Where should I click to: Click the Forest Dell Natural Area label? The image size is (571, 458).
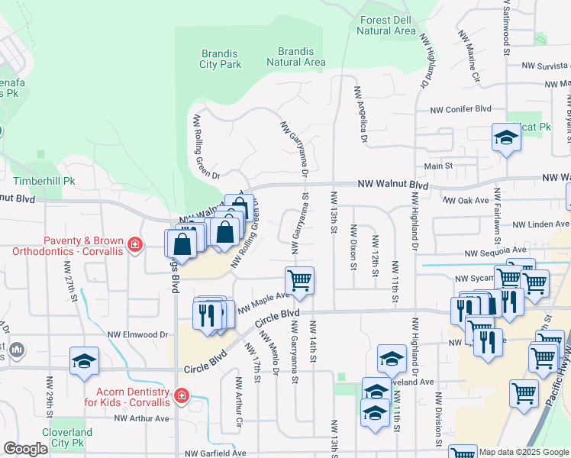[387, 26]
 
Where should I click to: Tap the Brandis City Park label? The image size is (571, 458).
[221, 59]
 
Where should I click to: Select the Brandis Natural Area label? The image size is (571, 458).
[296, 56]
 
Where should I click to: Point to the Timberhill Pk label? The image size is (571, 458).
[44, 182]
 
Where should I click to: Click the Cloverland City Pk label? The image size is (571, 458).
[66, 437]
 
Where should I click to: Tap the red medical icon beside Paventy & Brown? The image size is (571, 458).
[135, 244]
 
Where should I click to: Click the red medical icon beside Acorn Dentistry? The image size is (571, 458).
[182, 395]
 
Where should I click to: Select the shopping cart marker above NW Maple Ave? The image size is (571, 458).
[299, 280]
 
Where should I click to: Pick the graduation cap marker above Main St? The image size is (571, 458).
[505, 138]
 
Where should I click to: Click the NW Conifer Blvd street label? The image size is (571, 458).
[460, 108]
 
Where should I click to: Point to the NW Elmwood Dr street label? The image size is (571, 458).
[137, 334]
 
